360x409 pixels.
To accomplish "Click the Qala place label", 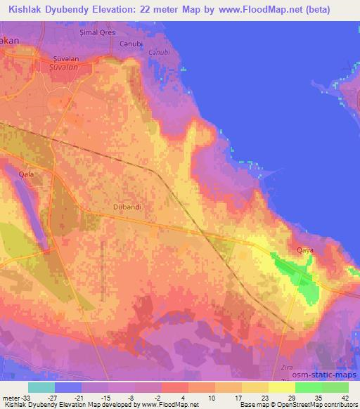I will click(x=26, y=173).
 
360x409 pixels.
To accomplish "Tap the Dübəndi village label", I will click(x=127, y=207).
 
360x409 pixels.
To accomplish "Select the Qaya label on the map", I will click(x=304, y=249).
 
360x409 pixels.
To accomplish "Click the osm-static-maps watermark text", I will click(x=328, y=375).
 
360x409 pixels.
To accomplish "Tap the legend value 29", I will click(x=271, y=396).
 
